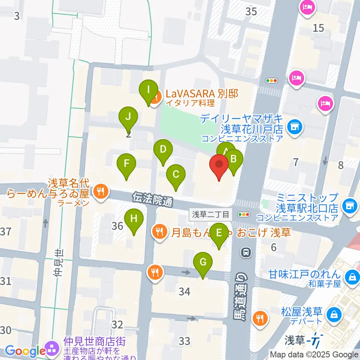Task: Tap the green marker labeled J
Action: coord(128,116)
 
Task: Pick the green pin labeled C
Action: coord(175,174)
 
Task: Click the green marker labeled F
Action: coord(126,164)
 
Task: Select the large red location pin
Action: coord(219,165)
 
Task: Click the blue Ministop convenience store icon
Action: coord(349,205)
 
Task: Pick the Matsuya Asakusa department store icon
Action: coord(333,314)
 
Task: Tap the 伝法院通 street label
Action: coord(153,199)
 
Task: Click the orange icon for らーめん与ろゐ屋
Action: coord(100,192)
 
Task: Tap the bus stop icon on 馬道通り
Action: coord(246,253)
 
